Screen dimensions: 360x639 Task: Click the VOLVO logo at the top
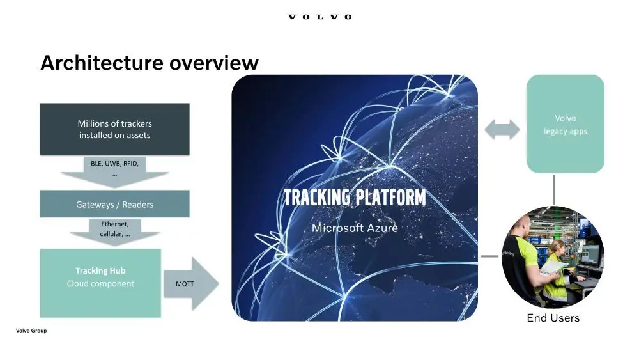(x=319, y=17)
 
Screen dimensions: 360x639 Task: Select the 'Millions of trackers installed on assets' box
(x=115, y=129)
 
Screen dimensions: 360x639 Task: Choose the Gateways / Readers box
(x=115, y=205)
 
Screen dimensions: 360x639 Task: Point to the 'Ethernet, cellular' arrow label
(x=115, y=229)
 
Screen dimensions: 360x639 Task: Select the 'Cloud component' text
(x=100, y=284)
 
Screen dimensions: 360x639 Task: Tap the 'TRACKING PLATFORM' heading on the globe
(x=355, y=198)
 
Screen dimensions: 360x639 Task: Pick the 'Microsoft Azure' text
(x=355, y=228)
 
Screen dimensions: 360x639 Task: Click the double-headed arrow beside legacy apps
(x=502, y=130)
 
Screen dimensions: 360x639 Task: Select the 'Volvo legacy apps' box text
(x=566, y=125)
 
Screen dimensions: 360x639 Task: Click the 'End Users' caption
(x=553, y=318)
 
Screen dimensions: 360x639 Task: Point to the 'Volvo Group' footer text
(x=31, y=331)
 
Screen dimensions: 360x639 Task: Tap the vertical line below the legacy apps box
(x=553, y=189)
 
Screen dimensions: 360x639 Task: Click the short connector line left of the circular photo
(x=489, y=257)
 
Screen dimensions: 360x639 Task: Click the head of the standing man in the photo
(x=521, y=226)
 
